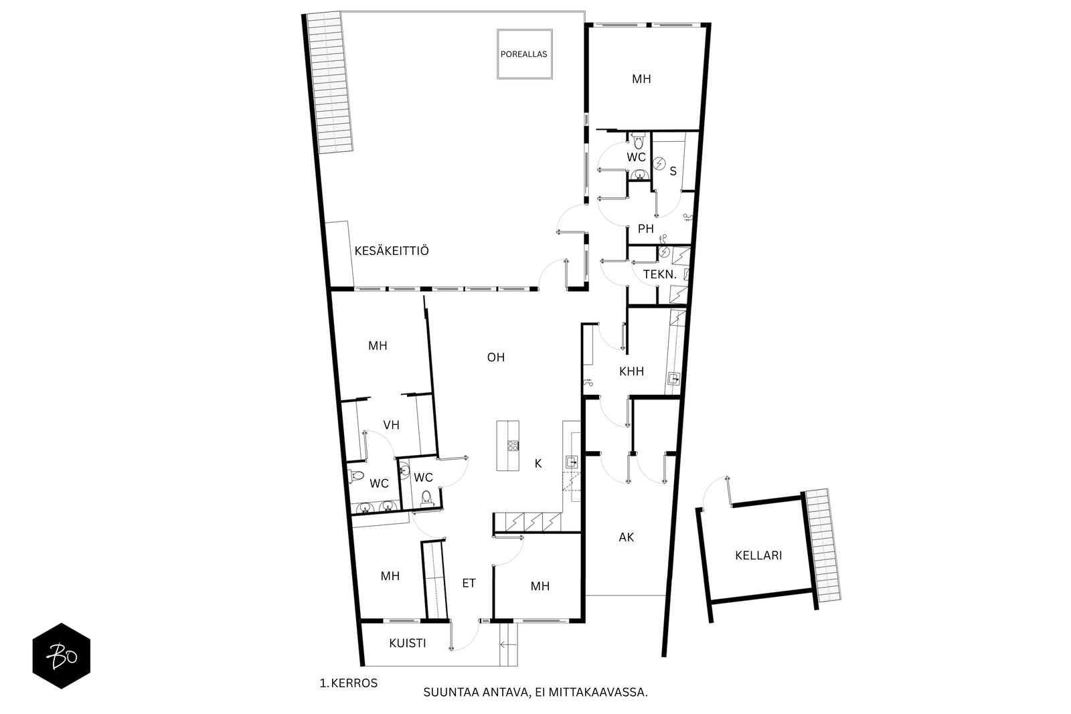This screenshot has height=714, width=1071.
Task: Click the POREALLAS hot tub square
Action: (525, 54)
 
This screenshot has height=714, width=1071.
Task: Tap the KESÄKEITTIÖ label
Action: (392, 251)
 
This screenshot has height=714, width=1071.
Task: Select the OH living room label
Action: (496, 357)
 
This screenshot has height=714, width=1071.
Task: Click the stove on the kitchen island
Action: (513, 446)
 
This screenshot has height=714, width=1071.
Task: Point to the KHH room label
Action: (631, 371)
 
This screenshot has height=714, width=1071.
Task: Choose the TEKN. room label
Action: (660, 275)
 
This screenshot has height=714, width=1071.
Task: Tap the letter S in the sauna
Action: (673, 171)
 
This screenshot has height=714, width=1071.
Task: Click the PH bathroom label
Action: (645, 229)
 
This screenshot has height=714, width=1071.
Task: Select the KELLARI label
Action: (758, 555)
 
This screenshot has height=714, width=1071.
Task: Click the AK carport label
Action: (627, 537)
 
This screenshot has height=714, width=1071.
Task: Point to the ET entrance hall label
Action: (469, 583)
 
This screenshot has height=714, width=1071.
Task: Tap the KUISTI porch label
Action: (408, 643)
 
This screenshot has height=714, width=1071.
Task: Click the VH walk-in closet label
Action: (391, 425)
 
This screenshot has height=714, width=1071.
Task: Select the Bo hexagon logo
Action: (62, 656)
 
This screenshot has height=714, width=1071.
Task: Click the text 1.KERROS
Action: (349, 683)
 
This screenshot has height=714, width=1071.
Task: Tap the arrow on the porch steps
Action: (508, 644)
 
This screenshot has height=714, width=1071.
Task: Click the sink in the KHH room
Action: (674, 379)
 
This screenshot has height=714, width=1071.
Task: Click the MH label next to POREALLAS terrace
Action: (641, 79)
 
